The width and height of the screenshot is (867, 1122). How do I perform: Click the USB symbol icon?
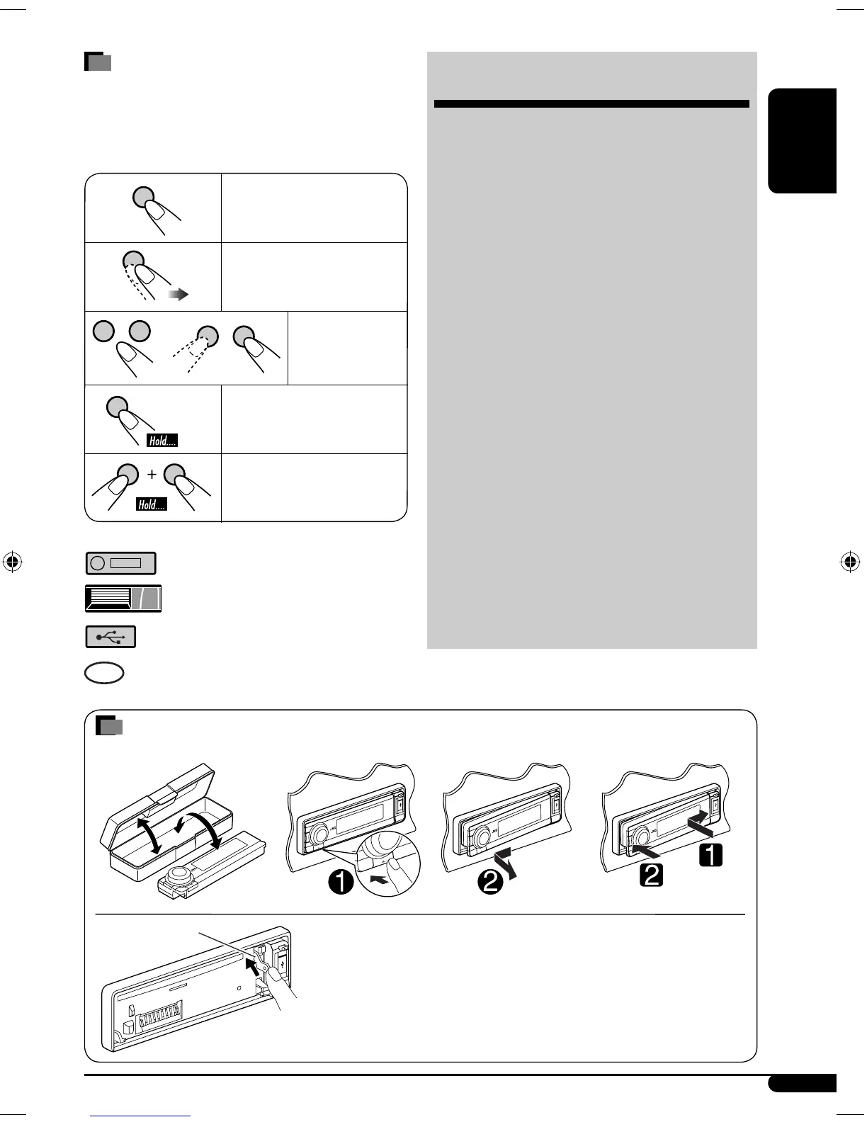click(x=110, y=637)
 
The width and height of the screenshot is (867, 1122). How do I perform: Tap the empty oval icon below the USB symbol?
click(x=104, y=673)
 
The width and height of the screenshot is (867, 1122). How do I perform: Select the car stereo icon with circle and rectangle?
click(x=120, y=563)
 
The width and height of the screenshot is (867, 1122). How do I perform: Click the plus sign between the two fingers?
click(x=152, y=475)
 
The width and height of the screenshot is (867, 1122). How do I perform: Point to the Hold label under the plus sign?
click(x=152, y=504)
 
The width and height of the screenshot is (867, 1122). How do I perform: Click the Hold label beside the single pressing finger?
click(x=162, y=441)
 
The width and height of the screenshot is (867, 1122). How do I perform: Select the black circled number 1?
click(x=341, y=883)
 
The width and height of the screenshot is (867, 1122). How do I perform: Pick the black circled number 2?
click(x=490, y=882)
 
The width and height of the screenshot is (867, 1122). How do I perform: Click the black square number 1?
click(x=710, y=856)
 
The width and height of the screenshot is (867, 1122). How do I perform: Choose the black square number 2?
click(x=651, y=875)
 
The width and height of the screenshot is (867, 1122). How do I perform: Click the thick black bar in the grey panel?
click(x=591, y=104)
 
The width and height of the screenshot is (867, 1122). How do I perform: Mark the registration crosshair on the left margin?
click(x=13, y=562)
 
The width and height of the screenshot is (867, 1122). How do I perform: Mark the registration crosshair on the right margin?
click(x=850, y=562)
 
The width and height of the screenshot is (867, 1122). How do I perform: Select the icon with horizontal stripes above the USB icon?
click(x=123, y=599)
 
